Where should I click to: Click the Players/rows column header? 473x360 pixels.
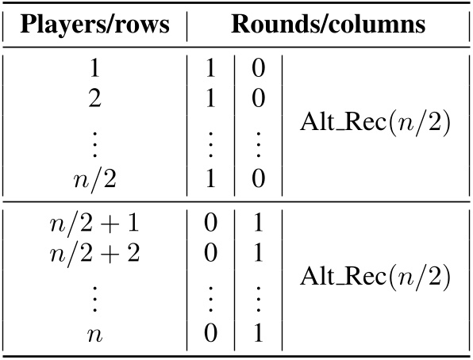pyautogui.click(x=95, y=24)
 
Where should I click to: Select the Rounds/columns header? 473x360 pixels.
pyautogui.click(x=328, y=24)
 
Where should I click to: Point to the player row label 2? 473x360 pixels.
pyautogui.click(x=95, y=98)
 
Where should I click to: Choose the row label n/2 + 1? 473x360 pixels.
pyautogui.click(x=95, y=223)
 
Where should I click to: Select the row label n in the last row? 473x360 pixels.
pyautogui.click(x=95, y=334)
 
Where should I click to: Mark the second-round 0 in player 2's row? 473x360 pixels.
pyautogui.click(x=258, y=98)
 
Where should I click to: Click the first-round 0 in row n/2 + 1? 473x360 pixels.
pyautogui.click(x=210, y=223)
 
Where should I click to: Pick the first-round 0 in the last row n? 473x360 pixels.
pyautogui.click(x=210, y=334)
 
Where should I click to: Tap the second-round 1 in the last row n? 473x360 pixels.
pyautogui.click(x=258, y=334)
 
